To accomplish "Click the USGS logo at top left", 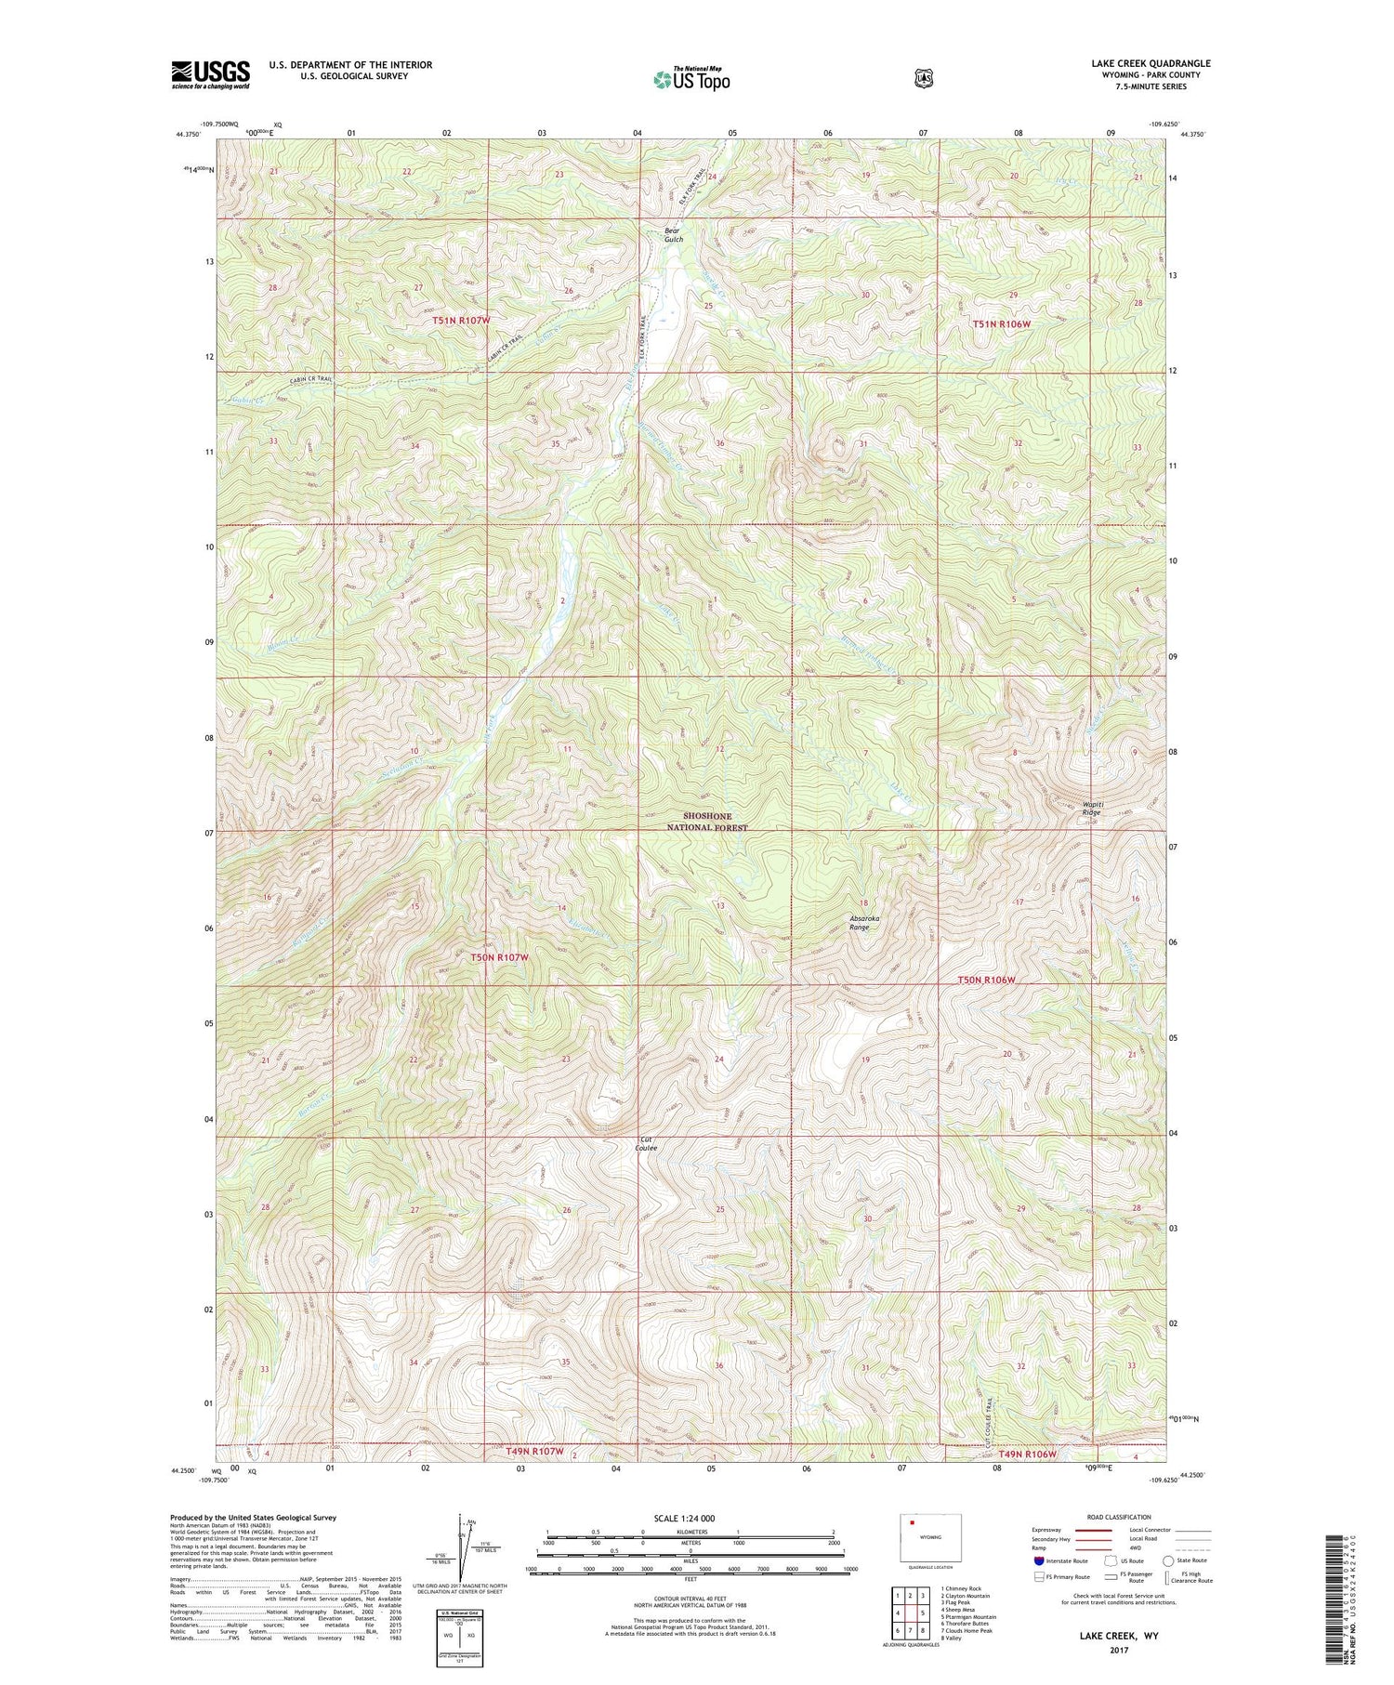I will pos(210,74).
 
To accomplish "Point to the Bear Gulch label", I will pos(673,234).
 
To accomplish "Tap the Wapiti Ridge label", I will pos(1090,808).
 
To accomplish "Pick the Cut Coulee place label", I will pos(646,1143).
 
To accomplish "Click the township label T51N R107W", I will pos(460,320).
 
